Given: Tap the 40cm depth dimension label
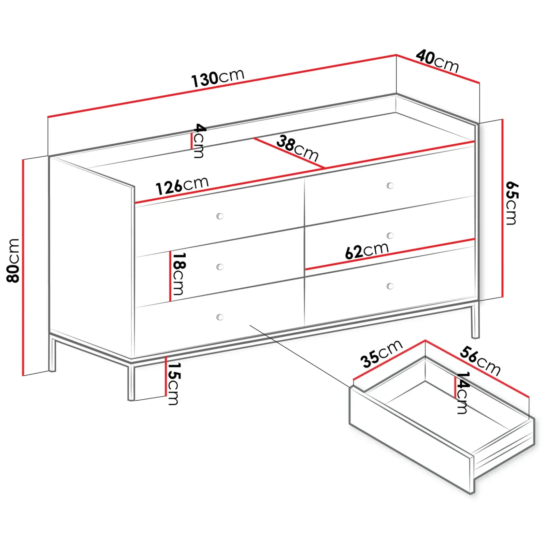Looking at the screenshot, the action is click(437, 61).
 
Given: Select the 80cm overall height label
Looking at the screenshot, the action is click(13, 260).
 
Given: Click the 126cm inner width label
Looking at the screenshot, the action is click(182, 186).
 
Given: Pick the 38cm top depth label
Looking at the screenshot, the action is click(298, 148).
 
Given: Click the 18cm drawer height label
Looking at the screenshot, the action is click(178, 274).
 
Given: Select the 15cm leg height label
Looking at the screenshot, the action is click(173, 383).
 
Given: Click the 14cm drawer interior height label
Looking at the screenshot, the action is click(462, 392).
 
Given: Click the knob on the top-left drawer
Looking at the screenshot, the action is click(220, 216).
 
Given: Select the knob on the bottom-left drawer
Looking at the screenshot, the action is click(220, 317).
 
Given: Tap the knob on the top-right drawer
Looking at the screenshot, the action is click(390, 185).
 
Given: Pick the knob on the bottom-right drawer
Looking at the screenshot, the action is click(390, 286).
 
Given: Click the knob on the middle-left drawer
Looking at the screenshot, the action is click(220, 267).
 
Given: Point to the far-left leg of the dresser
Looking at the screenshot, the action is click(52, 354).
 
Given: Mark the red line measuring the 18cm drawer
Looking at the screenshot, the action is click(170, 276).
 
